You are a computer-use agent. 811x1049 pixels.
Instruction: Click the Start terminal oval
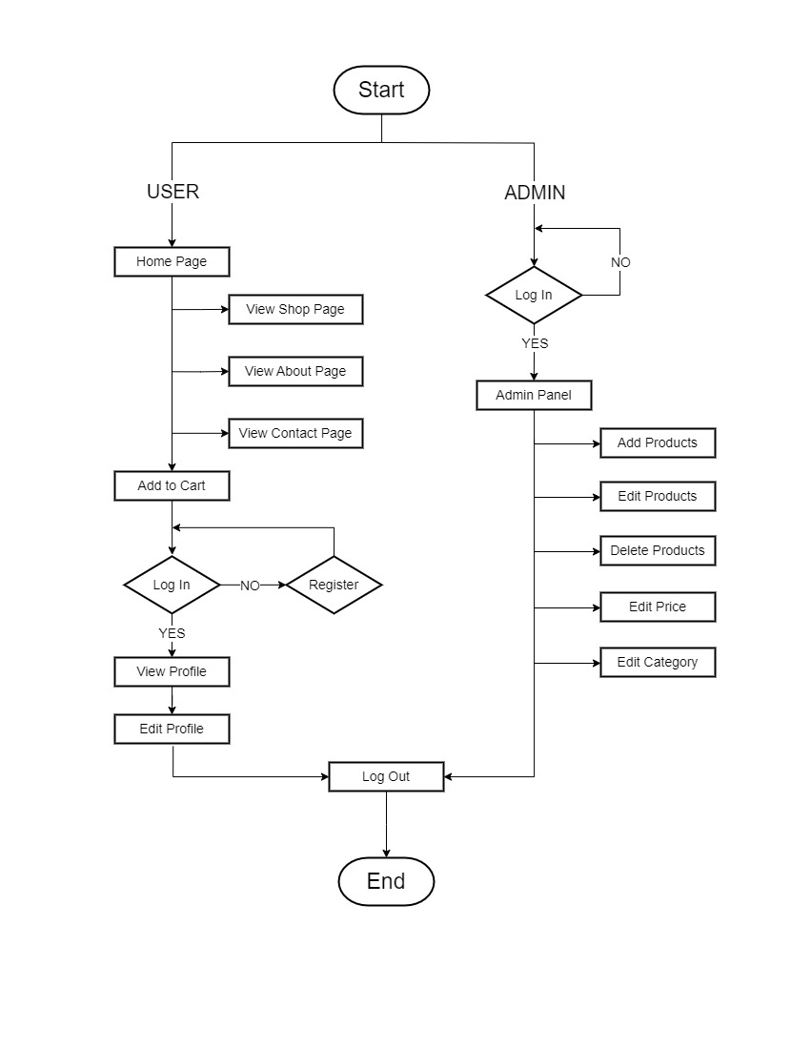(x=381, y=90)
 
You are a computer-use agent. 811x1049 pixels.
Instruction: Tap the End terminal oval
(x=386, y=881)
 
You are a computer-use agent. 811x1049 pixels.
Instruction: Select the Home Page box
(x=172, y=261)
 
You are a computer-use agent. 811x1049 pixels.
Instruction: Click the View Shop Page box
(x=295, y=309)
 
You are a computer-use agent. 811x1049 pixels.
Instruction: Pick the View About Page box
(x=295, y=371)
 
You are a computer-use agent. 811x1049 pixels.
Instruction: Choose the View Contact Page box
(x=295, y=433)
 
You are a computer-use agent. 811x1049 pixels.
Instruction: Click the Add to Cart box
(x=172, y=485)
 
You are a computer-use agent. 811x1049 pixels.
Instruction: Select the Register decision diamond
(x=334, y=585)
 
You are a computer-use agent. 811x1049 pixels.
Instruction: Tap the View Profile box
(x=172, y=671)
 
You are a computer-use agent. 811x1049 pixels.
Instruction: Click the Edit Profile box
(x=172, y=729)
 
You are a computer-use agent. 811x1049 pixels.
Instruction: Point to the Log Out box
(x=386, y=776)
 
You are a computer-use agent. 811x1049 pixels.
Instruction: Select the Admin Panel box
(x=534, y=395)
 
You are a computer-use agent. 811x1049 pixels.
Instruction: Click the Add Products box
(x=658, y=442)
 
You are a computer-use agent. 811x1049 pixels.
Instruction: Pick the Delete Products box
(x=658, y=550)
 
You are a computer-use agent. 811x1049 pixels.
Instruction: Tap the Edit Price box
(x=658, y=607)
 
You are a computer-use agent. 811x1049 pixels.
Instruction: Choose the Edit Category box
(x=658, y=663)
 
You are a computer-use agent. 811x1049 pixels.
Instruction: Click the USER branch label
(x=172, y=192)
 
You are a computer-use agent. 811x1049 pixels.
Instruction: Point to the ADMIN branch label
(x=535, y=193)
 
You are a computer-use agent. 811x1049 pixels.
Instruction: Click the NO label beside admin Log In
(x=620, y=262)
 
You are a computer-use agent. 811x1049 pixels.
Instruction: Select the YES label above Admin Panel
(x=535, y=343)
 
